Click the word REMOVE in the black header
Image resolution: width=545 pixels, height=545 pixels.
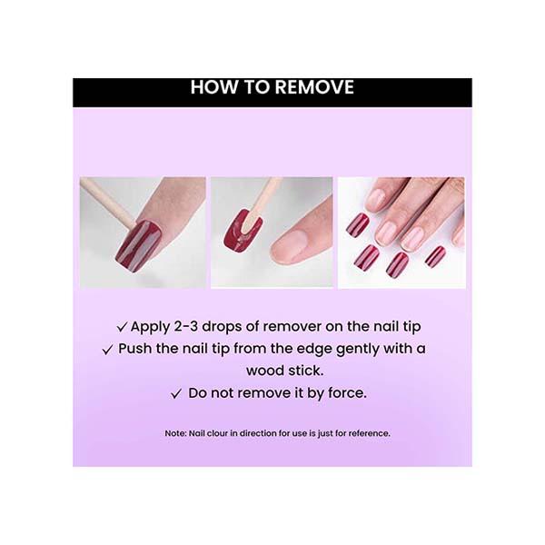[314, 87]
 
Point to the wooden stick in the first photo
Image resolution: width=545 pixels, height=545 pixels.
[108, 202]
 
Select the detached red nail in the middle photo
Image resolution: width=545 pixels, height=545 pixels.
[243, 231]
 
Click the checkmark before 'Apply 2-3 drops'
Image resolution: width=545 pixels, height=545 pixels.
[122, 327]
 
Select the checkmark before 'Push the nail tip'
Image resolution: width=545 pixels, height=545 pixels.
[108, 350]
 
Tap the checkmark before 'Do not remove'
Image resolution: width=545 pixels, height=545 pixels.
[176, 394]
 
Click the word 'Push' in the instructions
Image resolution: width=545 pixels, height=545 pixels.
[134, 348]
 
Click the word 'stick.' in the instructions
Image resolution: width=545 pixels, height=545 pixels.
[306, 371]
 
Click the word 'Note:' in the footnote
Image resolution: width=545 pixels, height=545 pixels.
[176, 433]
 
